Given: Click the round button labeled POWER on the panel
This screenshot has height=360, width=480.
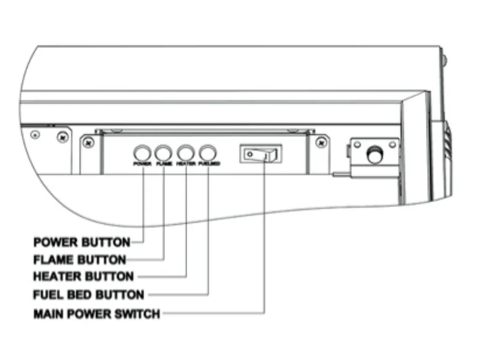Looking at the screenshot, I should coord(142,152).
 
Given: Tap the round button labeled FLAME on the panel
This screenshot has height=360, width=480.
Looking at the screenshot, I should coord(164,152).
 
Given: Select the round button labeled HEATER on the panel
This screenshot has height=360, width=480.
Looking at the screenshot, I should coord(186,152).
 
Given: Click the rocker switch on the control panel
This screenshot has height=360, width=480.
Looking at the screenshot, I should coord(260,155).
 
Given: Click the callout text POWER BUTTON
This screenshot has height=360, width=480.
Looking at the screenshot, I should coord(82,242).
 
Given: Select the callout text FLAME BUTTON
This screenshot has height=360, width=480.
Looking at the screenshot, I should coord(80,260).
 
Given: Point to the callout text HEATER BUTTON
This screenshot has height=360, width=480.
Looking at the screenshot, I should coord(83,277).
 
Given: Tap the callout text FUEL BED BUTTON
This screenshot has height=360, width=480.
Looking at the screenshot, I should coord(89,295).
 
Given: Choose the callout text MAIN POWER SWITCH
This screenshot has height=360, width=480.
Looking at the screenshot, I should coord(97,313).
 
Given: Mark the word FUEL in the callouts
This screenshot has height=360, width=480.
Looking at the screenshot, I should coord(47,295).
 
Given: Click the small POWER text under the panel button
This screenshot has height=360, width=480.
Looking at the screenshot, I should coord(142,163).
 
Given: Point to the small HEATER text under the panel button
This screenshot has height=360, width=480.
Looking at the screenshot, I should coord(186,163).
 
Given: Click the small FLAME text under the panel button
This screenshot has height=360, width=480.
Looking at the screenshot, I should coord(164,163).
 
